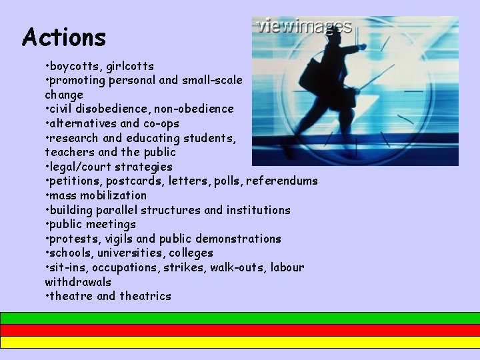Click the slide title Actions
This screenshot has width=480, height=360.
tap(64, 37)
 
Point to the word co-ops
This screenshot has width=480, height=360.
tap(161, 123)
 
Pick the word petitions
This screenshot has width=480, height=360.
tap(73, 181)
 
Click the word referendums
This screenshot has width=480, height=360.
tap(283, 181)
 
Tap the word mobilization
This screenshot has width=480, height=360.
tap(114, 195)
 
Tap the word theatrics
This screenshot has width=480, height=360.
tap(145, 296)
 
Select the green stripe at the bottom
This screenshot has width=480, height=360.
tap(240, 318)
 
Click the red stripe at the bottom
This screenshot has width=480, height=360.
tap(240, 330)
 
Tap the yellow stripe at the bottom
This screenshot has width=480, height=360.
tap(240, 342)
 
